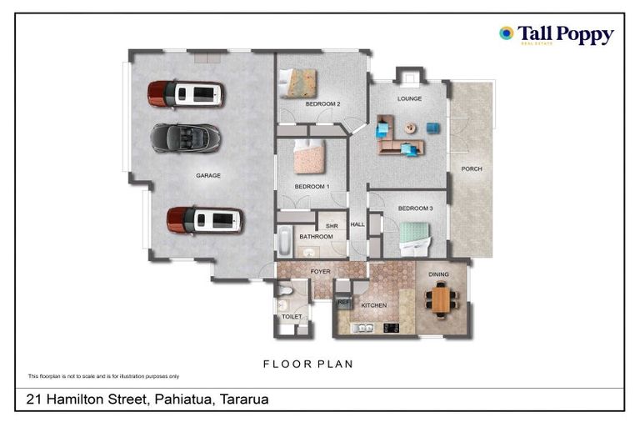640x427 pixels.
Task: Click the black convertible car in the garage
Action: point(185,137)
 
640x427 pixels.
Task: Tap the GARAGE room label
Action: point(207,176)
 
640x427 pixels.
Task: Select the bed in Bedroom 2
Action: point(298,83)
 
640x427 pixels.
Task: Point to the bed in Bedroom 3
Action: point(414,238)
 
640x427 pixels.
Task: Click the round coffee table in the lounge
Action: point(411,128)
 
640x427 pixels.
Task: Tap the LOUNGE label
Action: point(409,99)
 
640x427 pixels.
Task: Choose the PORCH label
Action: point(472,169)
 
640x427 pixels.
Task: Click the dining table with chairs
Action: point(440,299)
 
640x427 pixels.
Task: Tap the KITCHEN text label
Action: point(373,306)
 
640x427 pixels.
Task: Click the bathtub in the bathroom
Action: point(283,243)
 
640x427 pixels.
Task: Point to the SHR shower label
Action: point(331,225)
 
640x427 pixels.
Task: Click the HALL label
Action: point(357,224)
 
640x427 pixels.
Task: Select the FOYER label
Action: point(321,271)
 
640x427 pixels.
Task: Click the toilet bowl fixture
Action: point(283,291)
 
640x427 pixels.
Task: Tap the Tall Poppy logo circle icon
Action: point(506,33)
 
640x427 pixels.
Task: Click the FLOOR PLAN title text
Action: point(308,364)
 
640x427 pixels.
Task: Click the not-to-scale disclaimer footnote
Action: point(103,376)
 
